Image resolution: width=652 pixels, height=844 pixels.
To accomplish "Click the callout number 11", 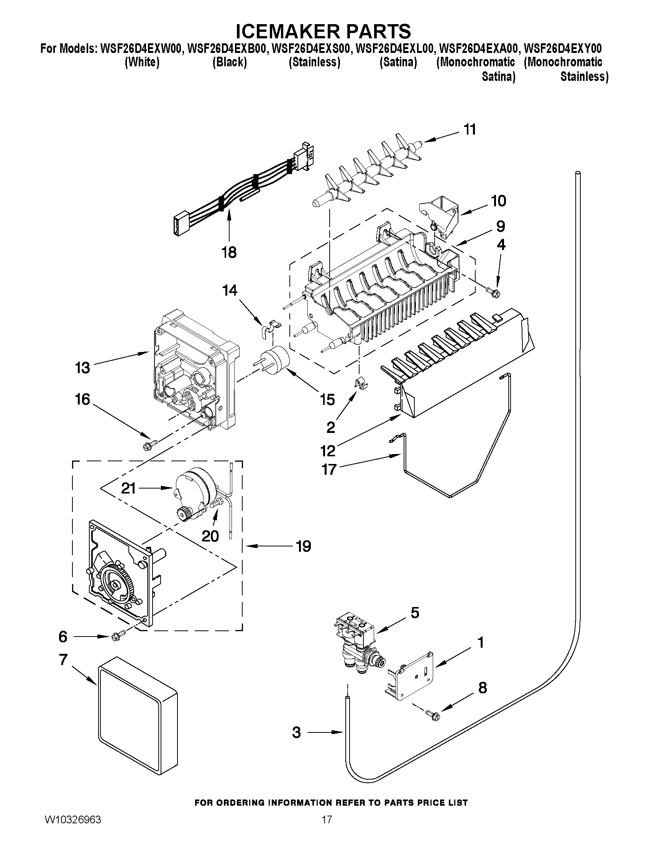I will (x=470, y=130).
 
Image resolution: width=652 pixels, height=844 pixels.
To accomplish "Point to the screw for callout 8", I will (x=432, y=714).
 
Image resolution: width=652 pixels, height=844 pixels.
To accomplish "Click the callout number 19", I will (x=304, y=546).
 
